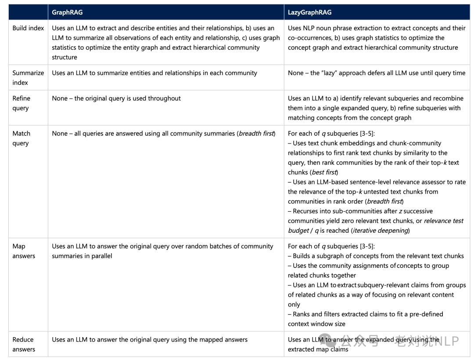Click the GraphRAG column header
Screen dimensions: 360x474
pos(67,12)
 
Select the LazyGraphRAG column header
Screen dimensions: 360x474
pos(309,12)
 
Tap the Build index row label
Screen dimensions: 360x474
pos(28,28)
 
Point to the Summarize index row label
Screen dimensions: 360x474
pos(28,78)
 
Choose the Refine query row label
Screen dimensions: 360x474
pos(22,103)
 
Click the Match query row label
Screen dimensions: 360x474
pos(22,138)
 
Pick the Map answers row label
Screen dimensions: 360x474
pos(24,251)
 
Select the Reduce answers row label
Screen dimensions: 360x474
pos(24,344)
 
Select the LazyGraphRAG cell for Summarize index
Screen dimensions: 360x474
pos(377,73)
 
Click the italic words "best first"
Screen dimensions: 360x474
pos(324,172)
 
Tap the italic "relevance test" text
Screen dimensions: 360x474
pos(444,221)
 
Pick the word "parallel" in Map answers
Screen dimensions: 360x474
pos(100,256)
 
